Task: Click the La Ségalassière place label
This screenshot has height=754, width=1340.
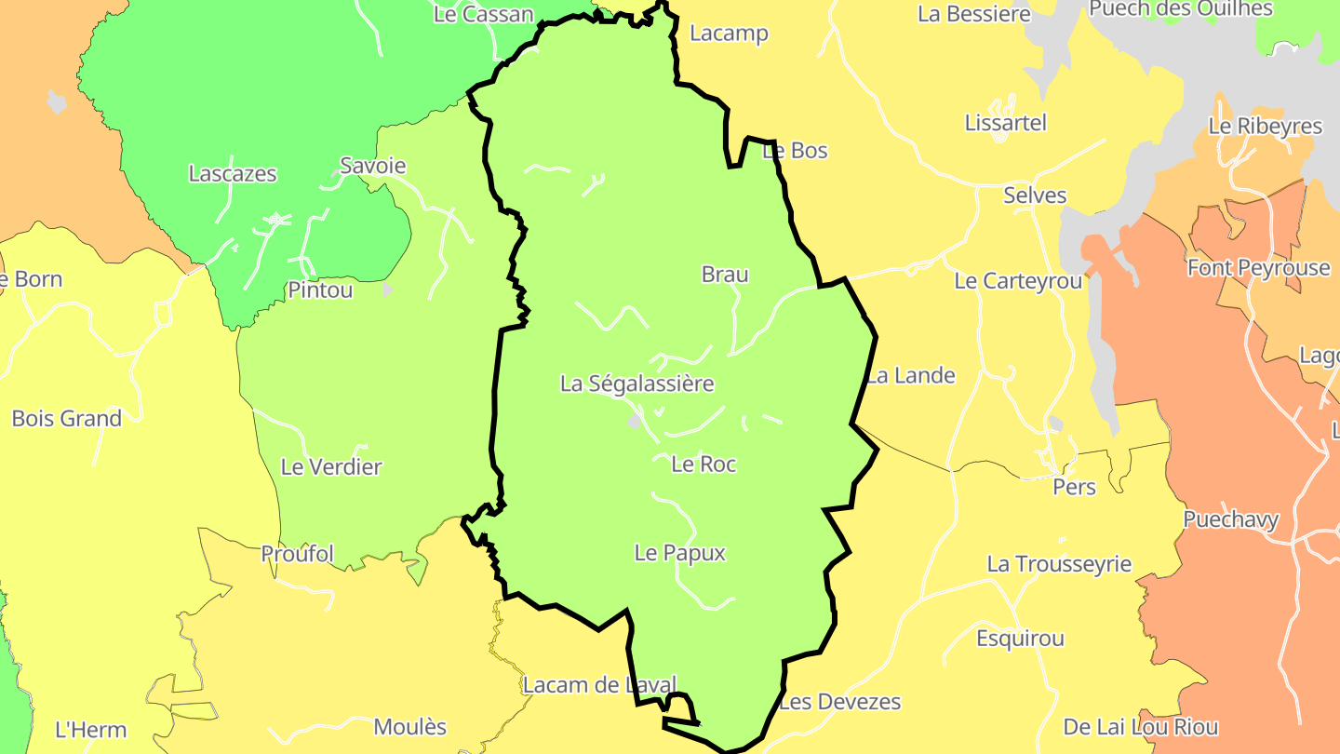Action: (x=636, y=384)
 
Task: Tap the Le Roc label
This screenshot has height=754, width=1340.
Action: (x=703, y=464)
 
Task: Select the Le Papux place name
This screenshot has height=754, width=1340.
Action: (x=679, y=553)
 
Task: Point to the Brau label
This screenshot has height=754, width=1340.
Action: (x=725, y=275)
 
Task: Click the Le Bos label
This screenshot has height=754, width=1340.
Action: (x=795, y=151)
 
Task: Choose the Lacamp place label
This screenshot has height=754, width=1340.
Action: (x=729, y=34)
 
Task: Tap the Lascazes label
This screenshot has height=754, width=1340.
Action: (x=233, y=174)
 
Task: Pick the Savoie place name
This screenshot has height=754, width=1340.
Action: (x=372, y=166)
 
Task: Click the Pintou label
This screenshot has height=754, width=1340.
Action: (x=320, y=290)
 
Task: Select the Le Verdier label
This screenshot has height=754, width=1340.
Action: (x=331, y=467)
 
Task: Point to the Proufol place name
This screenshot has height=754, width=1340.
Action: (x=297, y=554)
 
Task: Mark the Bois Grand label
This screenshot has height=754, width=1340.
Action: (x=67, y=419)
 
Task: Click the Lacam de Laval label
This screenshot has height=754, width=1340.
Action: (x=599, y=686)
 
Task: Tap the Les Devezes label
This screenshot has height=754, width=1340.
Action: (x=840, y=702)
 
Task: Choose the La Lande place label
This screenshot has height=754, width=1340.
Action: (x=911, y=376)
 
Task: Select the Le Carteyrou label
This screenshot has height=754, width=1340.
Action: (x=1018, y=281)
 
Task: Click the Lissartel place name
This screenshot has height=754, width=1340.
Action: (x=1006, y=123)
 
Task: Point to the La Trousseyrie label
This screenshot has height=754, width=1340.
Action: (x=1059, y=564)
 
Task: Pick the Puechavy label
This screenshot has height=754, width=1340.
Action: (x=1231, y=520)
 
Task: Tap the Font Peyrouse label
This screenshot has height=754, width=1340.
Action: (x=1259, y=268)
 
